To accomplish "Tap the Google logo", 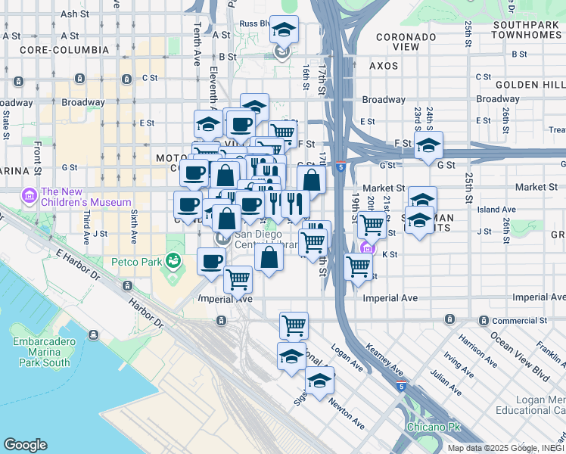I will [25, 445].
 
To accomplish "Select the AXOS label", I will [384, 66].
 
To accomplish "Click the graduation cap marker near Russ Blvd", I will [284, 30].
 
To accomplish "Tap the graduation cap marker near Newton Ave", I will [319, 381].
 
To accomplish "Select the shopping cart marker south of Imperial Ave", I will [294, 325].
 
